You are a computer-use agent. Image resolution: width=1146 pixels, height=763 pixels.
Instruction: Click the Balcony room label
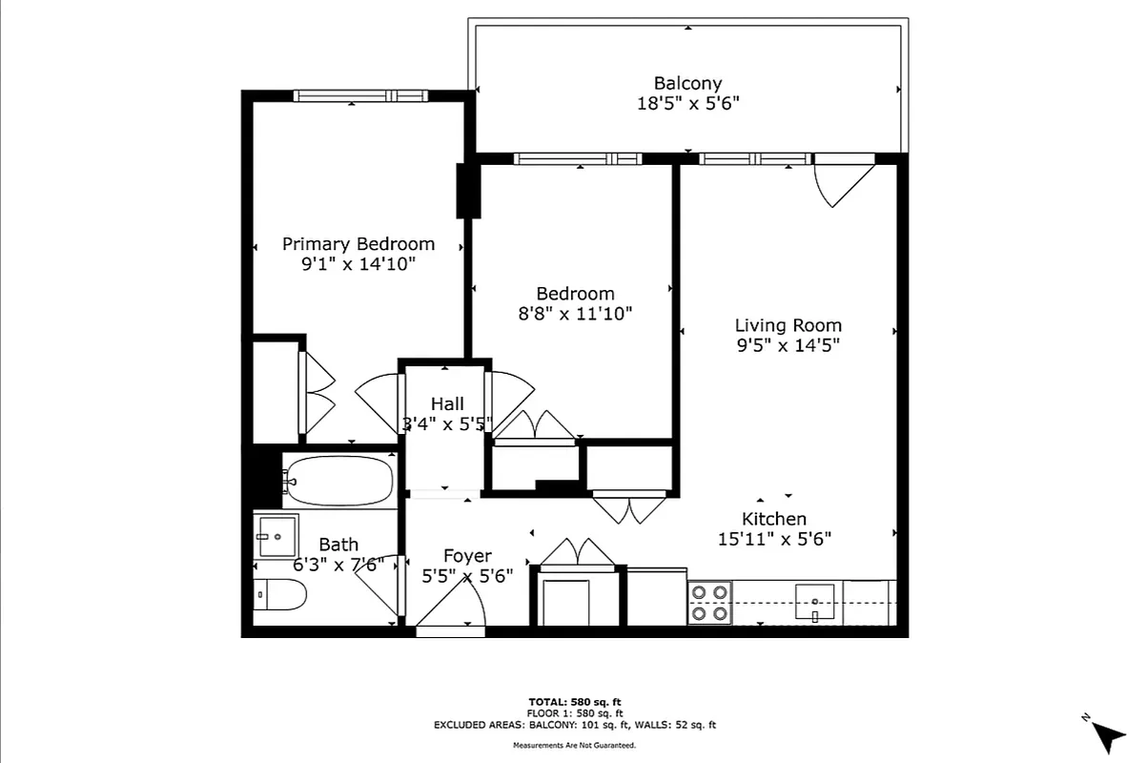[x=687, y=84]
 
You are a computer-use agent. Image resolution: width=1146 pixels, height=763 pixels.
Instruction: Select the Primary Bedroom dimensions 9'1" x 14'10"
[x=358, y=264]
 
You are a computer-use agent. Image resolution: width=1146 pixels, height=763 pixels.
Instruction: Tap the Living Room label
[x=788, y=325]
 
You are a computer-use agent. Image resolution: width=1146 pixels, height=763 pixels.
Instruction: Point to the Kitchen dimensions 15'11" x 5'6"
[x=774, y=539]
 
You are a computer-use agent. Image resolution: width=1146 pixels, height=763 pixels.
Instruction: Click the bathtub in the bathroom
[x=338, y=481]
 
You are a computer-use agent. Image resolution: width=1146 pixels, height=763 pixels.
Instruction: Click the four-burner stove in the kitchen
[x=709, y=603]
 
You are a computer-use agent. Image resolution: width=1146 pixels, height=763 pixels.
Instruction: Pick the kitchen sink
[x=815, y=603]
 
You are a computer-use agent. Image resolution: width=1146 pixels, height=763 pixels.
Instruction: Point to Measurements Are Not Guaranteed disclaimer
[x=574, y=745]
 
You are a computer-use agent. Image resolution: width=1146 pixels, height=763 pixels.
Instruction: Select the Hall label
[x=447, y=403]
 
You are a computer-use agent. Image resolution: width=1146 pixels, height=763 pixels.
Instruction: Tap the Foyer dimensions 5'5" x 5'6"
[x=467, y=576]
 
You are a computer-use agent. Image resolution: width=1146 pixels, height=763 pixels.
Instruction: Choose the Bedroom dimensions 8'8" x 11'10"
[x=574, y=313]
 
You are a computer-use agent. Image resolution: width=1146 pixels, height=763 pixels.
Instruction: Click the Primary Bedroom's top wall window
[x=359, y=95]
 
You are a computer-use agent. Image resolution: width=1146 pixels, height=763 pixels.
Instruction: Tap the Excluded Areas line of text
[x=574, y=725]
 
